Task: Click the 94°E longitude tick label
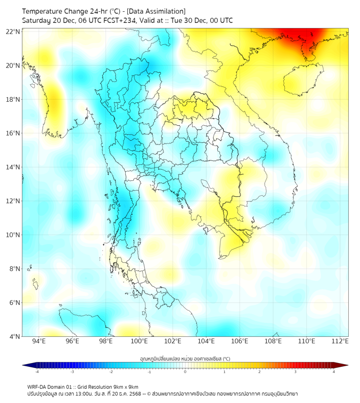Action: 39,342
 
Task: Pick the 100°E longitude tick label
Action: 140,342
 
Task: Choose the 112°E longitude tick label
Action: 340,342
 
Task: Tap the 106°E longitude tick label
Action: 240,342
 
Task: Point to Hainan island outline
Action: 304,80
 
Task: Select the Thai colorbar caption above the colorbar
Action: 185,358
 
